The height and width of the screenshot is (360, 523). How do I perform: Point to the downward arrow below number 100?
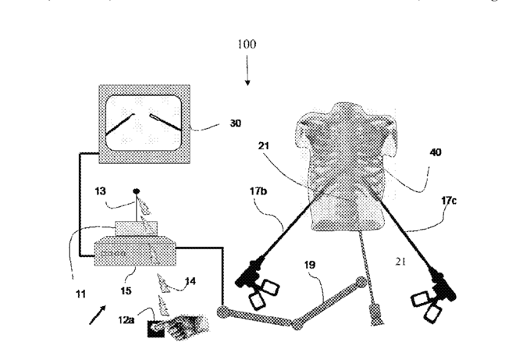[x=247, y=75]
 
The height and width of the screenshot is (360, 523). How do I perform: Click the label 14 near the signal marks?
[x=190, y=281]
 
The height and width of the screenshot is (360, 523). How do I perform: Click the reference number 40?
[x=434, y=154]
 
